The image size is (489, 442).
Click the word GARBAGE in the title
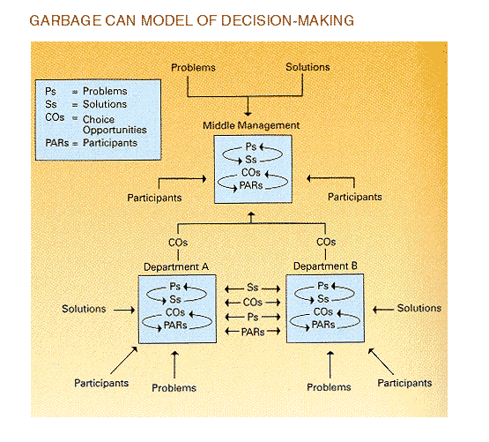(65, 20)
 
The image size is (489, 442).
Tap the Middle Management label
(251, 125)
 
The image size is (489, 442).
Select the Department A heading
(176, 267)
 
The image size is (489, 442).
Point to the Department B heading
(325, 266)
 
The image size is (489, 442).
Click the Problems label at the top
(193, 67)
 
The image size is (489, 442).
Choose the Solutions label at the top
(307, 67)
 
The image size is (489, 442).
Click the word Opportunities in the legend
(115, 130)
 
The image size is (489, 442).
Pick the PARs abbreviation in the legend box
(57, 143)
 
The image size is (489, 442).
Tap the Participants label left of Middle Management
(154, 198)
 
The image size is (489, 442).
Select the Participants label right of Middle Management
(355, 197)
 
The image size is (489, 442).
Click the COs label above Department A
(178, 243)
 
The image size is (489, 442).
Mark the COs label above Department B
(326, 242)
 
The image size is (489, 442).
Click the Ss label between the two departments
(253, 288)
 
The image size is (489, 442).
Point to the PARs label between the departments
(253, 332)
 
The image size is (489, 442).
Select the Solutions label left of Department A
(84, 309)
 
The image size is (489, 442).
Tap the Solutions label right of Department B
(419, 308)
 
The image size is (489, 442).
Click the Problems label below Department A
(174, 388)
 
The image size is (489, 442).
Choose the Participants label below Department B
(404, 383)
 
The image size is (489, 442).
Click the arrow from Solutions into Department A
(124, 310)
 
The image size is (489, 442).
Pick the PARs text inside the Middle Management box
(251, 185)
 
